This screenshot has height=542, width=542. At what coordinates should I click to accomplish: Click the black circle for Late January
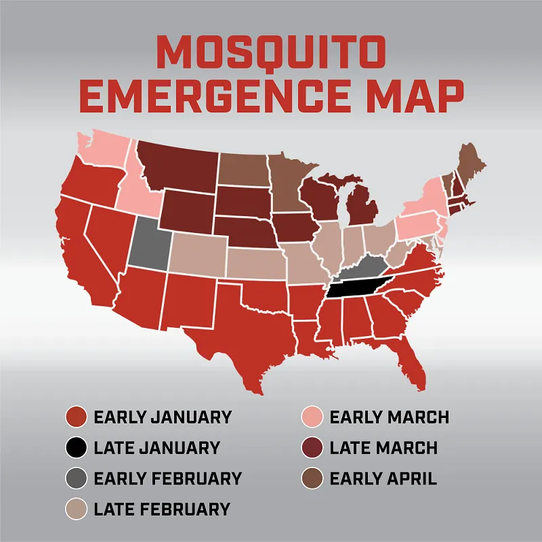pos(75,448)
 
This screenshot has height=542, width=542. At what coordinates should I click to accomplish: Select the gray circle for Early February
pos(75,478)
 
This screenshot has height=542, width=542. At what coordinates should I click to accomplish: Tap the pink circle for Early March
pos(312,417)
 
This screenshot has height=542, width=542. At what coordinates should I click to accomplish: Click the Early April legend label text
pos(383,478)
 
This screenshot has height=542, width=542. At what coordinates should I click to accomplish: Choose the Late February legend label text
pos(162,509)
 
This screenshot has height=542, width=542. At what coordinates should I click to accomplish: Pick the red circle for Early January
pos(75,417)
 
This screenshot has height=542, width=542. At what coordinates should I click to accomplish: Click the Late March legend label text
pos(383,448)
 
